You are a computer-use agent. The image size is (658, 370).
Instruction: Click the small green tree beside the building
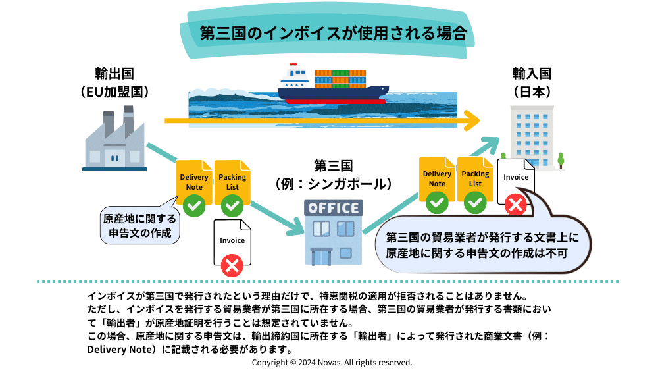(x=561, y=159)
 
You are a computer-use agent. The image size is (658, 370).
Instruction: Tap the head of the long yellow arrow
(x=470, y=121)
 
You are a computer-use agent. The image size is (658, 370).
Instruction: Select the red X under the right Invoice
(x=516, y=206)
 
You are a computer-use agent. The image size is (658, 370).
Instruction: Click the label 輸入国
(x=532, y=73)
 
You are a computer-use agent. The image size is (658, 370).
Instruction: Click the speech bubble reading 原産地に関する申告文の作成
(x=138, y=225)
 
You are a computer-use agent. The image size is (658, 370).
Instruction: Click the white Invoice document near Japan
(x=516, y=178)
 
